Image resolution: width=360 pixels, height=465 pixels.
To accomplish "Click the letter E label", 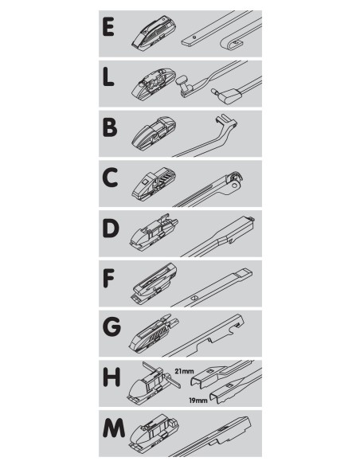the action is [x=108, y=27].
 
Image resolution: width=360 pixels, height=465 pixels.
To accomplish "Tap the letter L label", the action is [x=108, y=76].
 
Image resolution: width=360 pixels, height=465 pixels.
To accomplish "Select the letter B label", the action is [x=109, y=127].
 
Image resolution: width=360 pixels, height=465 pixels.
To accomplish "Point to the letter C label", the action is [x=110, y=178].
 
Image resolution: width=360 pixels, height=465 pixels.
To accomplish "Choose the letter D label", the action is [x=111, y=228].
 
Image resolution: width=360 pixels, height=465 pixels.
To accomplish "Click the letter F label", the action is [x=108, y=278].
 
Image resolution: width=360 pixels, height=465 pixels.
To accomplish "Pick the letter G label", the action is [x=112, y=328].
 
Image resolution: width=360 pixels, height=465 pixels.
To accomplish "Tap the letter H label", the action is [x=112, y=377].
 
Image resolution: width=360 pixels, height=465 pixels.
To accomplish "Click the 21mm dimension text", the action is [x=184, y=371].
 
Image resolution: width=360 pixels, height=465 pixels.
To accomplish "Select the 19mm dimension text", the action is [x=198, y=401].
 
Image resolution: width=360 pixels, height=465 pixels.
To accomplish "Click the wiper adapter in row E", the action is [x=154, y=33].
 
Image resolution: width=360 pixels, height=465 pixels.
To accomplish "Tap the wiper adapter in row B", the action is [x=154, y=134].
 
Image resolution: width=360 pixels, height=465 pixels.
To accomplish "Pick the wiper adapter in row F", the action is [x=154, y=283].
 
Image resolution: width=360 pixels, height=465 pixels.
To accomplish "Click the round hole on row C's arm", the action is [x=235, y=186].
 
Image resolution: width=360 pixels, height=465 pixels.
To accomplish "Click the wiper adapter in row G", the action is [x=154, y=333].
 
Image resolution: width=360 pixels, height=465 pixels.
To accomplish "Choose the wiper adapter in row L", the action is [x=154, y=83].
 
